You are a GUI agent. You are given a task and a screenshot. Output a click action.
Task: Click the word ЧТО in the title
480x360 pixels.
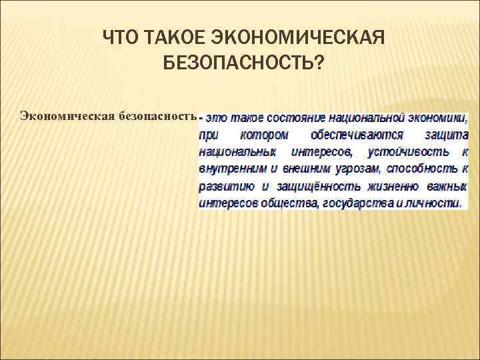coord(121,39)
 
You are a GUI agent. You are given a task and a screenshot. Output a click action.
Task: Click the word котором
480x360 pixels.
coord(264,135)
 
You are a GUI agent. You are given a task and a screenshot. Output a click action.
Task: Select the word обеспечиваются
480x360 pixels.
coord(347,135)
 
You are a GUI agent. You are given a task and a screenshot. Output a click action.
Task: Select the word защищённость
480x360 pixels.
coord(311,186)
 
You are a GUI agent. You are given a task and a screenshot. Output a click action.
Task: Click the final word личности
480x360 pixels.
coord(431,203)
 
